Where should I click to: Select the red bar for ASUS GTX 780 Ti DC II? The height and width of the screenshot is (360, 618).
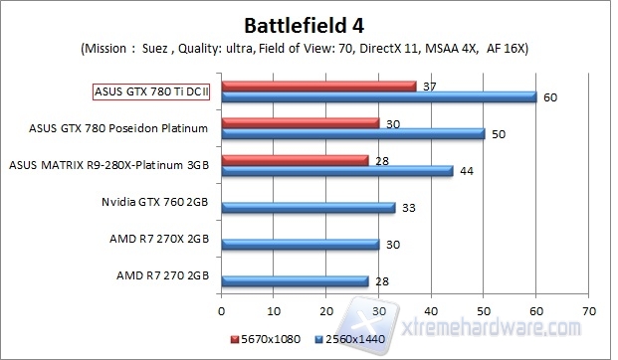(317, 86)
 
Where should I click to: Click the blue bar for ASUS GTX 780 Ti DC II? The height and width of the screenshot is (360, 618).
(378, 96)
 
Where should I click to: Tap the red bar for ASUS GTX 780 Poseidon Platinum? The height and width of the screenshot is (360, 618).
(300, 122)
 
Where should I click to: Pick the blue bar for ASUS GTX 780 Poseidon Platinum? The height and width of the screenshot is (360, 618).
(352, 133)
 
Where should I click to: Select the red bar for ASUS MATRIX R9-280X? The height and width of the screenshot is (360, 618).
(295, 159)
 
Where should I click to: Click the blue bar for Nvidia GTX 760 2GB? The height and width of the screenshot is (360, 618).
(308, 208)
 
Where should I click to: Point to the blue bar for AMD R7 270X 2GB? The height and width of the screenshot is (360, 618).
(300, 245)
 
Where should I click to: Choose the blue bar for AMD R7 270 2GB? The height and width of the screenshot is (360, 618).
(295, 281)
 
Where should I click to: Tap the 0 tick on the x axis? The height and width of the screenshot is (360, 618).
(221, 310)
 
